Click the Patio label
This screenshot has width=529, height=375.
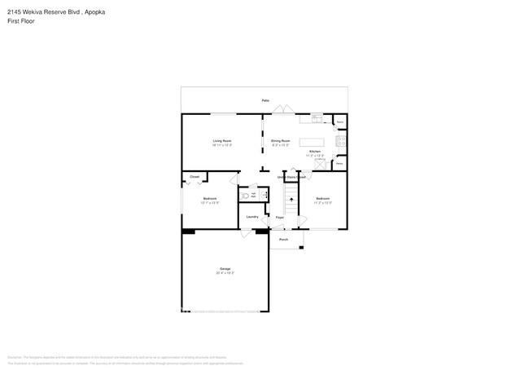click(265, 100)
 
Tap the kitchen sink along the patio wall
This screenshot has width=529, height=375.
click(317, 117)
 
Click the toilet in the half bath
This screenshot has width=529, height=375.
click(244, 196)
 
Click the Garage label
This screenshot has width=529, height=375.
click(225, 269)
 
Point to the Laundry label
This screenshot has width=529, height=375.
click(252, 216)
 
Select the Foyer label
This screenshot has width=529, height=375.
click(279, 218)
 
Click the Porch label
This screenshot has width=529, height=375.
click(284, 240)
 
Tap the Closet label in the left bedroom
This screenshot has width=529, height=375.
click(195, 177)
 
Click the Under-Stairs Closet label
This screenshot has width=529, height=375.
click(291, 177)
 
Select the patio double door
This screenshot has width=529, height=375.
click(281, 112)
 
